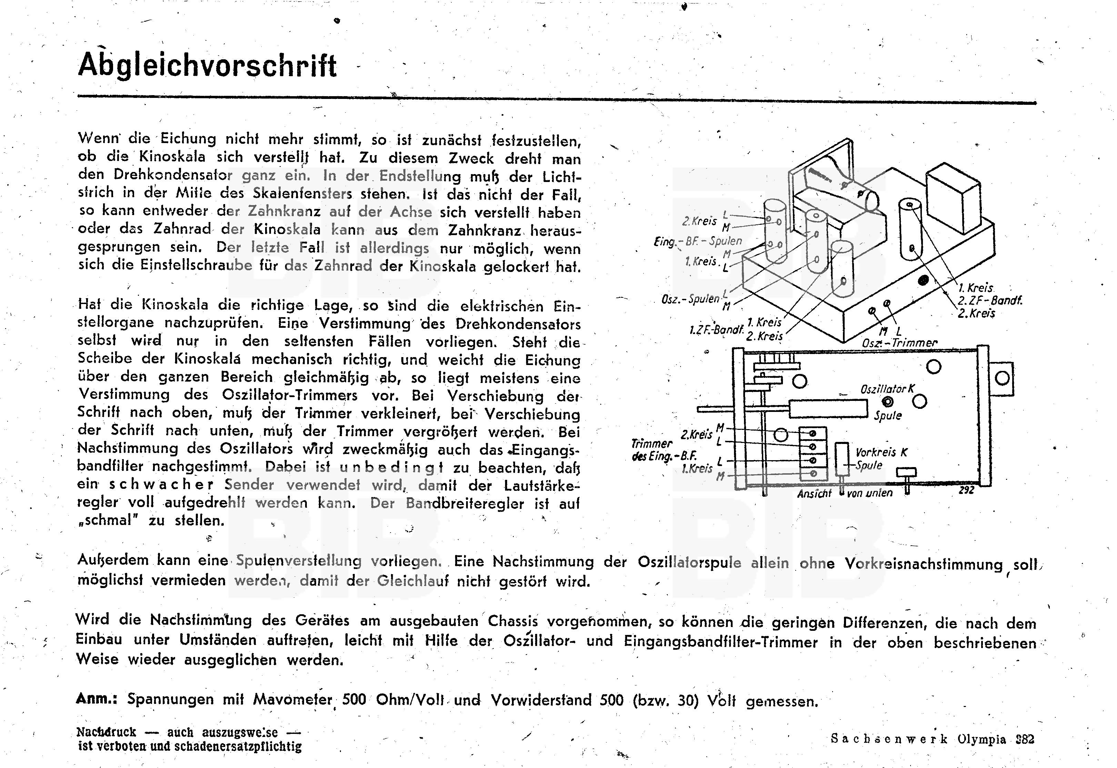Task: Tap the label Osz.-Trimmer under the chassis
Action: pyautogui.click(x=899, y=343)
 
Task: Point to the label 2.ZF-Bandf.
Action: pyautogui.click(x=989, y=301)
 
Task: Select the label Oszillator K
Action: pyautogui.click(x=887, y=389)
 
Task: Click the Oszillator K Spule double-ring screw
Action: pyautogui.click(x=887, y=401)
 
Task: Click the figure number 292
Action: pyautogui.click(x=966, y=491)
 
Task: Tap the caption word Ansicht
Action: pyautogui.click(x=814, y=494)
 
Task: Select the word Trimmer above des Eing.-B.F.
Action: pyautogui.click(x=652, y=443)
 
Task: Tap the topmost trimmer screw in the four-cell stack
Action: pyautogui.click(x=813, y=434)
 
